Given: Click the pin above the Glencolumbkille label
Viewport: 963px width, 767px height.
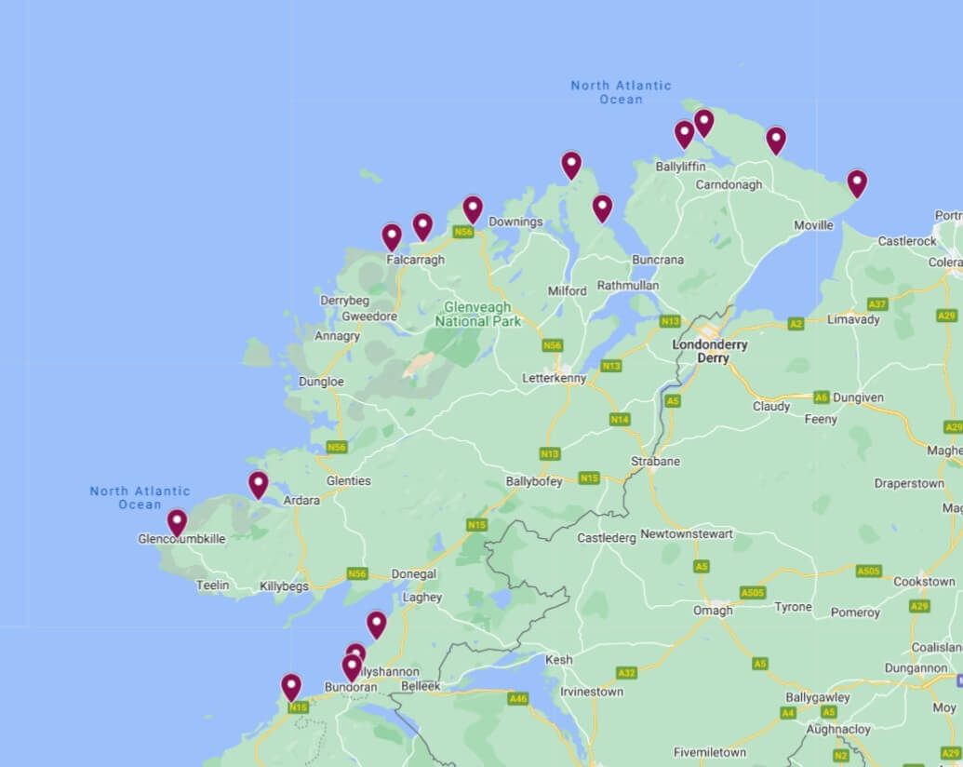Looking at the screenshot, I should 177,521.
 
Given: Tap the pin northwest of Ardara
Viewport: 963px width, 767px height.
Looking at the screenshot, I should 258,484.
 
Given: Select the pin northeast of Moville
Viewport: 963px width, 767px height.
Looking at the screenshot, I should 856,182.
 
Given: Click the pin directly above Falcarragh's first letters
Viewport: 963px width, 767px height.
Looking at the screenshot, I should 392,236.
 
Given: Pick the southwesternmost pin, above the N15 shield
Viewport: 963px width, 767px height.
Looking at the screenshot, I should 291,687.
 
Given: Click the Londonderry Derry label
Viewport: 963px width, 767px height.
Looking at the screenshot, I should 709,351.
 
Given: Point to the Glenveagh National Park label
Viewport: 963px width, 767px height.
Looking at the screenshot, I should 478,314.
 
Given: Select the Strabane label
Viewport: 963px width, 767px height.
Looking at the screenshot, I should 655,461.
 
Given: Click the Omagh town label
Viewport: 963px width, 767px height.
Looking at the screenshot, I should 713,610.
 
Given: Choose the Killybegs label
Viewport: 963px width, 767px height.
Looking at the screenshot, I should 284,585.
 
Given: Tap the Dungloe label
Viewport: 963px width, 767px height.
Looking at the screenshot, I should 321,382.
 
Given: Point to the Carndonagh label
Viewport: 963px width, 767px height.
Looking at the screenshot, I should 729,184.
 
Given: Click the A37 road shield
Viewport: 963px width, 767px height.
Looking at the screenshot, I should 876,304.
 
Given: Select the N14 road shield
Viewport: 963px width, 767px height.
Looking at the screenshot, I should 620,420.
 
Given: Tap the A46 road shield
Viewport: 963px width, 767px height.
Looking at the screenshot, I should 518,697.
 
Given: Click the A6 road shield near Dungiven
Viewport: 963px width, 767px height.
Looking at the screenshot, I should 821,397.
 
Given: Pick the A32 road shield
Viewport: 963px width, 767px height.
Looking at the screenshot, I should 626,672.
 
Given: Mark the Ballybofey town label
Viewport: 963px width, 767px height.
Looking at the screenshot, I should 533,482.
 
